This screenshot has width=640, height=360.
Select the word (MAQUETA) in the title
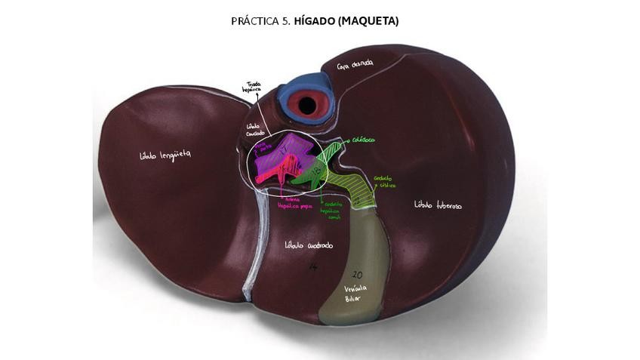point(369,21)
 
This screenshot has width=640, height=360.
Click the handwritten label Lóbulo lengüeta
point(165,155)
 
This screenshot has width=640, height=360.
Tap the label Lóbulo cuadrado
point(309,245)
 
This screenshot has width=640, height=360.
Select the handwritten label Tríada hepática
point(251,88)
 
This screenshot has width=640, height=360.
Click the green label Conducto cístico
point(384,182)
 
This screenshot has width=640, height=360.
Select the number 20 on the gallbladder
point(358,275)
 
